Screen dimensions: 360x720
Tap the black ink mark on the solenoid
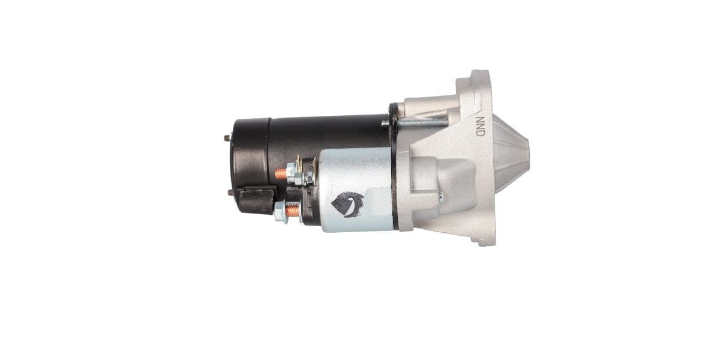[347, 204]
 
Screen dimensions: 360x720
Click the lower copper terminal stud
[292, 211]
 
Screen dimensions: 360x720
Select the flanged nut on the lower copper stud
[280, 212]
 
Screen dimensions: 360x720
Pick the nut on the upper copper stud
[292, 175]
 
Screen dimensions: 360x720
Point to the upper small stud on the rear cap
[227, 138]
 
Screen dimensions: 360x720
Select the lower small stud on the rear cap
[230, 192]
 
